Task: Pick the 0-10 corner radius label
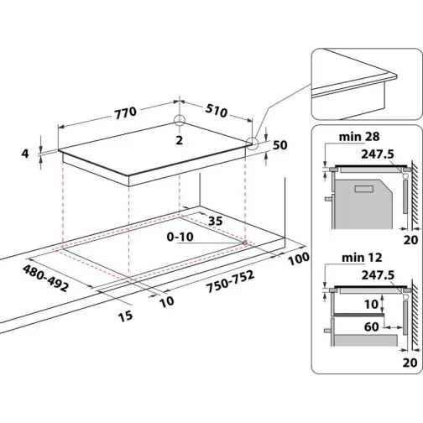[x=180, y=238]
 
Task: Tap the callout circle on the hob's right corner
[x=253, y=144]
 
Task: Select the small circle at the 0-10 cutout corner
[x=244, y=243]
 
